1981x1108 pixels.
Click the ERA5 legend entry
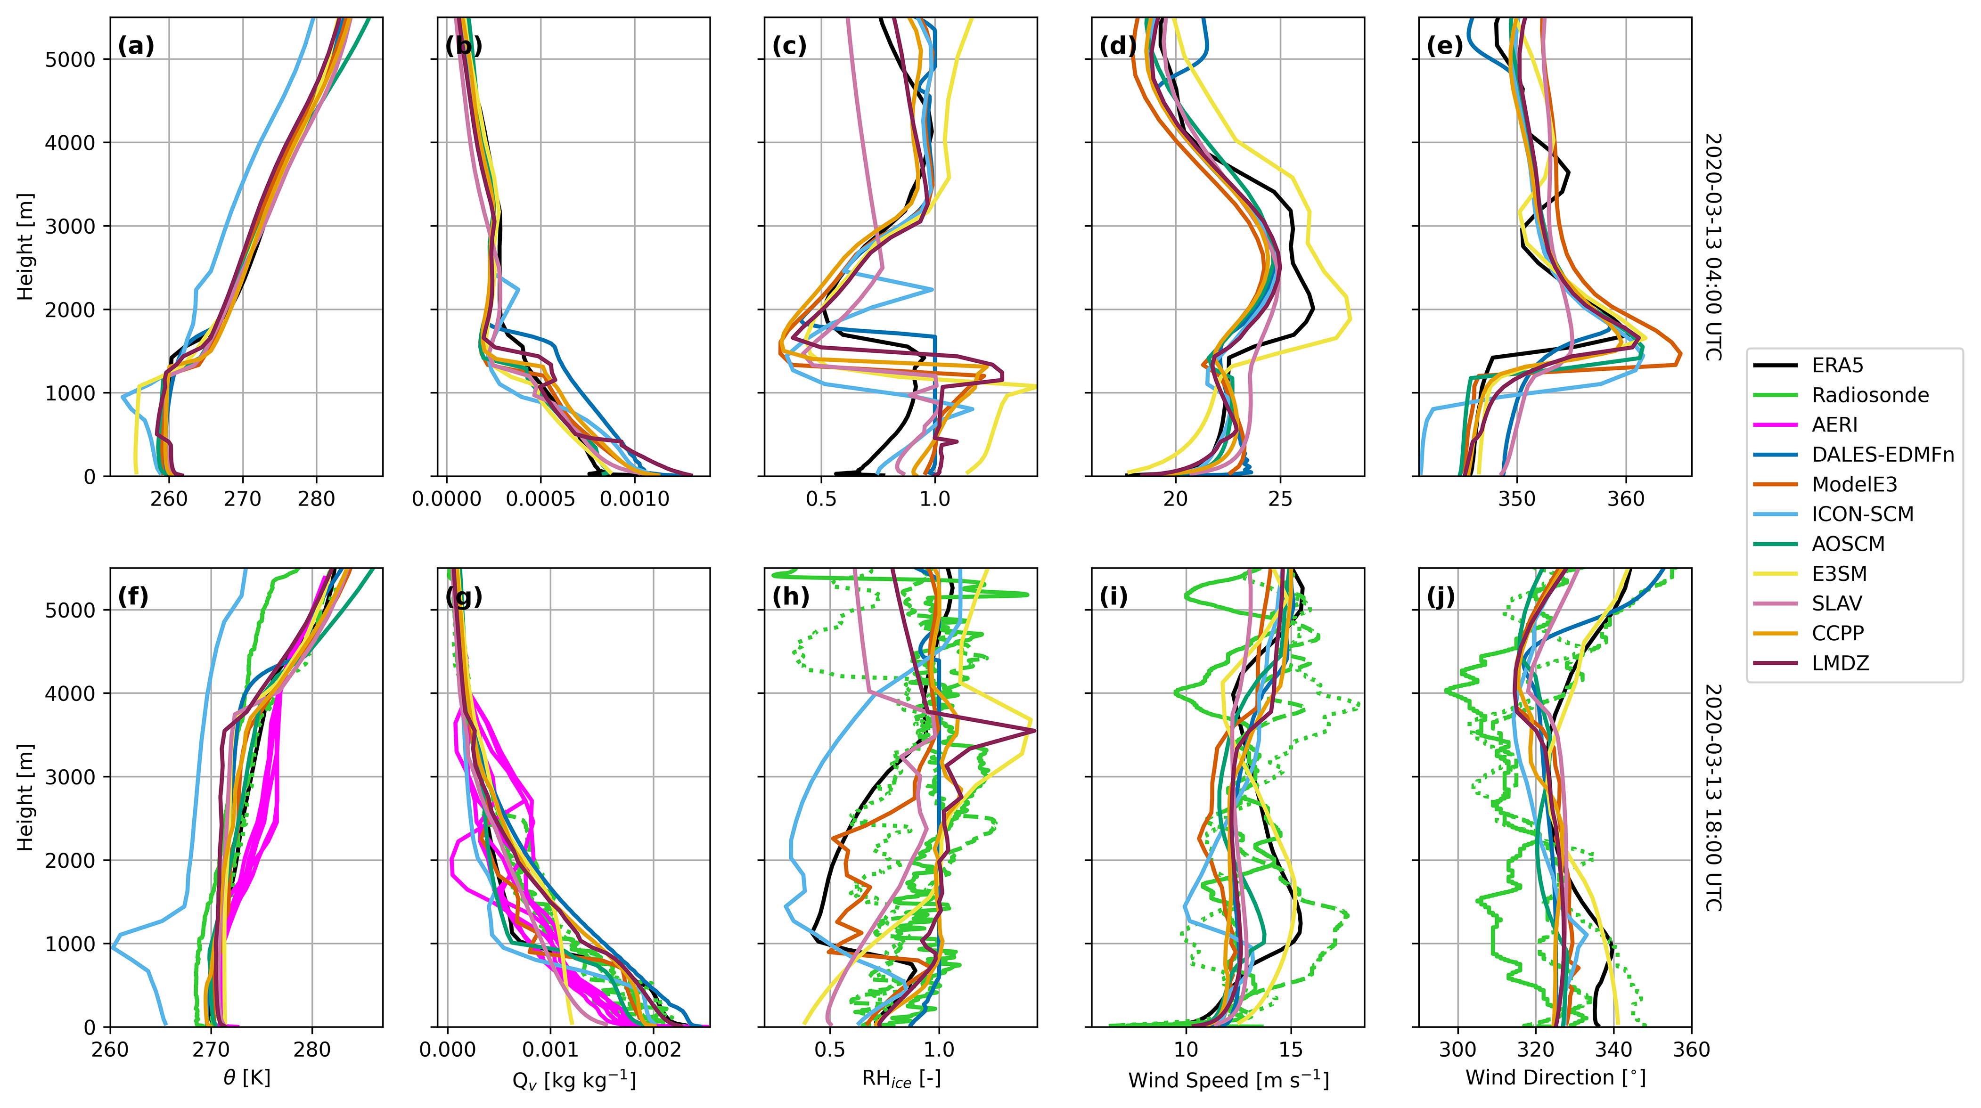[1837, 365]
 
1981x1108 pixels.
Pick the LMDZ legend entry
[1840, 663]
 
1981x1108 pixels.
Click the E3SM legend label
[1839, 574]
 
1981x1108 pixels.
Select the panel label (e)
[1444, 46]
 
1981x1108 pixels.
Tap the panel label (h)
[791, 597]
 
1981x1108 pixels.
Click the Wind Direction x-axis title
[1555, 1077]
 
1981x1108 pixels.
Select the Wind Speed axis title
[1228, 1079]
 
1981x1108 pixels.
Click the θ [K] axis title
[247, 1078]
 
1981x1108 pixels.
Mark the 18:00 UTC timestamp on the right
[1712, 798]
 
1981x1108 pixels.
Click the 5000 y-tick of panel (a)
[70, 60]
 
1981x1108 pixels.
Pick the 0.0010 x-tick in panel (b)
[635, 499]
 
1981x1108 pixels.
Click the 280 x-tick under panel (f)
[312, 1050]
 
